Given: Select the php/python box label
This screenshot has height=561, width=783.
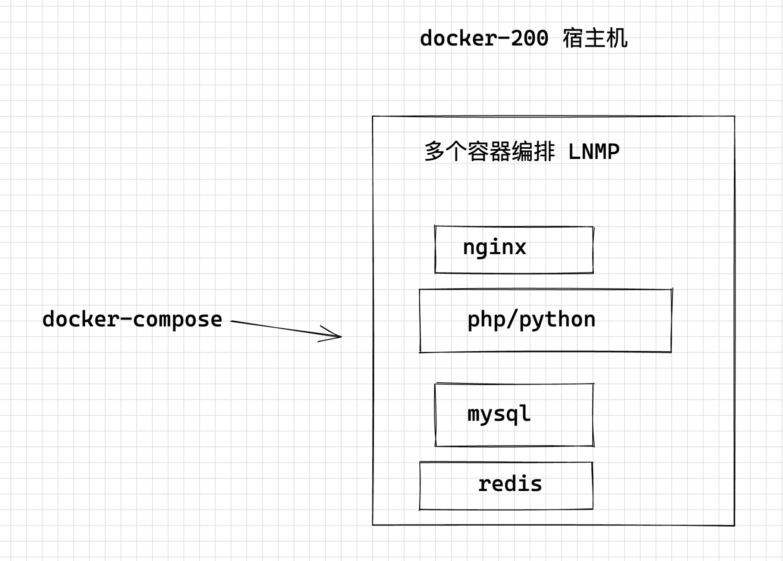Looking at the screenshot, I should (531, 319).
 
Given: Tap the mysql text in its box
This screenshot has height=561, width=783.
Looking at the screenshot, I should (499, 414).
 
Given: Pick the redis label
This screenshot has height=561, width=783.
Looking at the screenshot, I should (510, 484).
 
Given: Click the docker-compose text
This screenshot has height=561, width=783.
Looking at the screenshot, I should (132, 319).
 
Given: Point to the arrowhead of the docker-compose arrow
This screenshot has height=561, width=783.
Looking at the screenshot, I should (340, 336).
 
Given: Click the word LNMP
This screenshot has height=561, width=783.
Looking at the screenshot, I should (594, 152).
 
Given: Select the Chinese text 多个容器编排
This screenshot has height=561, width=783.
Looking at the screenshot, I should (489, 152).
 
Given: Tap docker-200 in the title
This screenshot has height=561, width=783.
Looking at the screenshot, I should (484, 39).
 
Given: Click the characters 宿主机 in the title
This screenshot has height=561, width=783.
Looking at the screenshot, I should (595, 39).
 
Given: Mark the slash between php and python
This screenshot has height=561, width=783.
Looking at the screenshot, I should (512, 319).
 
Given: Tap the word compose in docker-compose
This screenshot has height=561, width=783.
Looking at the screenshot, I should (177, 319).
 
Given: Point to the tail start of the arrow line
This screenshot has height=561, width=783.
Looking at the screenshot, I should (232, 321).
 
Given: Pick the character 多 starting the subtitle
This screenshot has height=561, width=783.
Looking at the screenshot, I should (434, 152).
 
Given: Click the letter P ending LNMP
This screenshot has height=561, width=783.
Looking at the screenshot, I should (613, 152).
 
